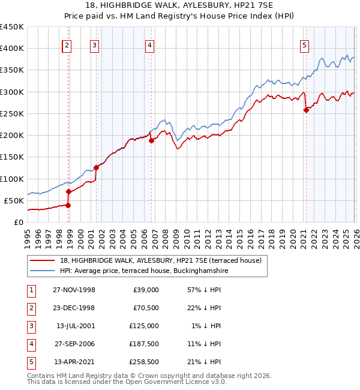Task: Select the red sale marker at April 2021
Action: coord(306,110)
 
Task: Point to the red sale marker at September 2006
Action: coord(152,140)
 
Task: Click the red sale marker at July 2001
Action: coord(96,167)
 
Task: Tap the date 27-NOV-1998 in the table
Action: coord(74,290)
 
